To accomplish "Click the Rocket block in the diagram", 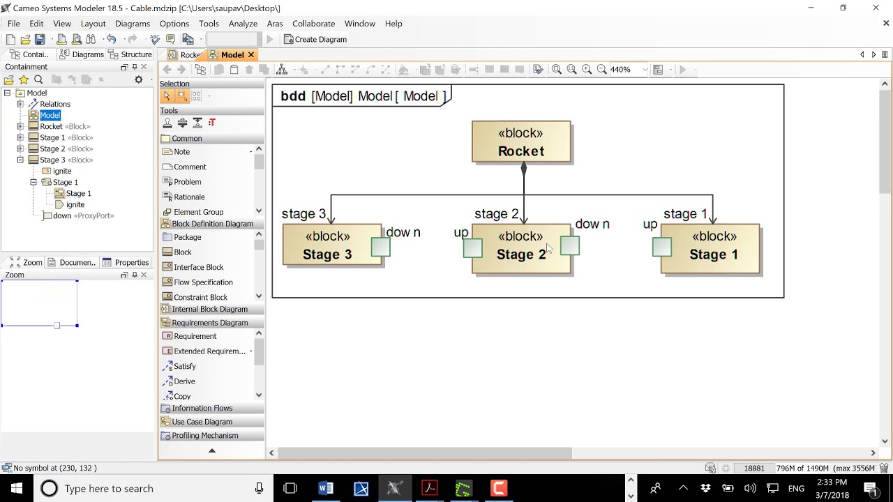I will tap(521, 142).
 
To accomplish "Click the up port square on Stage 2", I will tap(472, 248).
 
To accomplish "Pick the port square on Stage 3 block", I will tap(380, 247).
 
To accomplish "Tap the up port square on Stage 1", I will tap(662, 247).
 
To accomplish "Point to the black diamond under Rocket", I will tap(523, 169).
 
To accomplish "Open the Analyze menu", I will tap(243, 24).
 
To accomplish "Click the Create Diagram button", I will tap(315, 40).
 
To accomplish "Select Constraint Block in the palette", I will tap(200, 297).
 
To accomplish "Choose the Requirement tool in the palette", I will tap(195, 336).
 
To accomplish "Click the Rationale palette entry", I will tap(189, 197).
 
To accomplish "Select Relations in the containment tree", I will tap(54, 104).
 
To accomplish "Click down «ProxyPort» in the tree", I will tap(82, 215).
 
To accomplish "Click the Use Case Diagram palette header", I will tap(202, 422).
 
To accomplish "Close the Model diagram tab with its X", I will tap(250, 55).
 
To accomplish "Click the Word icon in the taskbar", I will tap(326, 488).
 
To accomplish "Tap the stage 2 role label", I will tap(496, 214).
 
